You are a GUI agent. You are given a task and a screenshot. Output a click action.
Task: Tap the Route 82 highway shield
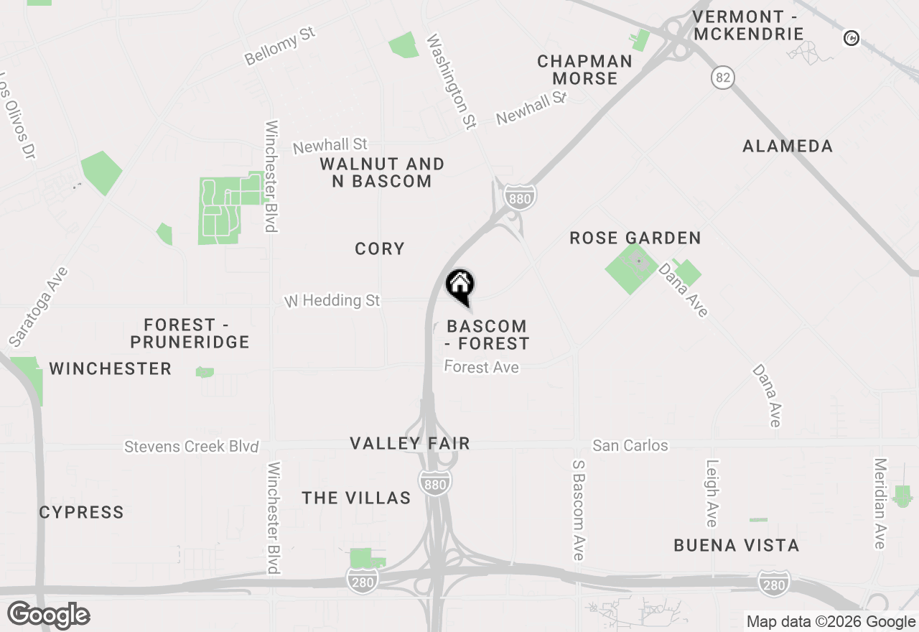[x=723, y=78]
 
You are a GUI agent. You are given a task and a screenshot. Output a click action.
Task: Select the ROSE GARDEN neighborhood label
[x=635, y=238]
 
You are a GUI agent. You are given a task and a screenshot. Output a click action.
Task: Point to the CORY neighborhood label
[x=380, y=248]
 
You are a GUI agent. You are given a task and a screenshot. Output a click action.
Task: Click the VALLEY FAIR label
[x=410, y=443]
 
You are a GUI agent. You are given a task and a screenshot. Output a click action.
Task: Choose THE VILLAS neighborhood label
[x=356, y=498]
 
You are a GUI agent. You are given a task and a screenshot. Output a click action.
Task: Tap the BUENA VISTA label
[x=736, y=545]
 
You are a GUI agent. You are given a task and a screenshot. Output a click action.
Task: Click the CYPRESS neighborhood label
[x=81, y=512]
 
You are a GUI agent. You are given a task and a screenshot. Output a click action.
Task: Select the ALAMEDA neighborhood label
[x=788, y=146]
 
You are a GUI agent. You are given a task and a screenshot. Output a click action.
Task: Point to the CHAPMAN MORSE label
[x=585, y=70]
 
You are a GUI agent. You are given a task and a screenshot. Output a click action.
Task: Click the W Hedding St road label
[x=332, y=300]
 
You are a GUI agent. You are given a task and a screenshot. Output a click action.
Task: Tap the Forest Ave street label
[x=481, y=367]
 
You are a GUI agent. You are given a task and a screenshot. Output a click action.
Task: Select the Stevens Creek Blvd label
[x=191, y=446]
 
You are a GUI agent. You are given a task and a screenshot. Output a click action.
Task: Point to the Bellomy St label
[x=280, y=48]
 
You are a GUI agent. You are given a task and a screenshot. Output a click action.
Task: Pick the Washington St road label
[x=451, y=81]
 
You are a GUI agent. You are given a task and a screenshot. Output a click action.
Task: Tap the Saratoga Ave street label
[x=39, y=307]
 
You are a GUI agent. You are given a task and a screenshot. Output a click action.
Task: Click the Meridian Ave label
[x=880, y=503]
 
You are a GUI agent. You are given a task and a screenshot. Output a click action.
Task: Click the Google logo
[x=48, y=615]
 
